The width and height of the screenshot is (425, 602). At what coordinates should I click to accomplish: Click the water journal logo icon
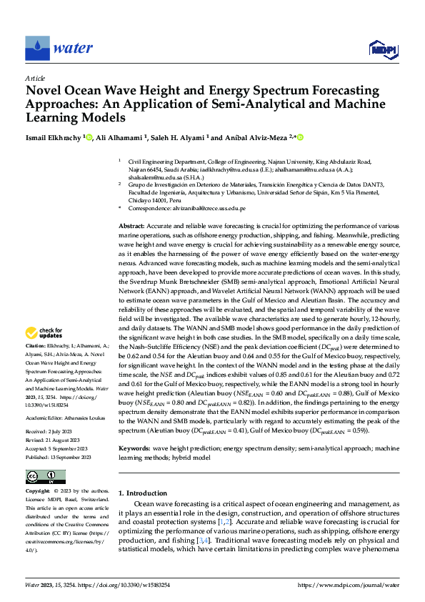click(x=36, y=47)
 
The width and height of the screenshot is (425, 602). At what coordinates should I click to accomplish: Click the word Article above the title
click(x=35, y=78)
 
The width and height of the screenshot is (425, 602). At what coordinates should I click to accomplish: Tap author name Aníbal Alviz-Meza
click(x=253, y=137)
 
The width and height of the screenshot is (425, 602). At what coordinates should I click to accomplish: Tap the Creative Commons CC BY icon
click(x=45, y=477)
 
